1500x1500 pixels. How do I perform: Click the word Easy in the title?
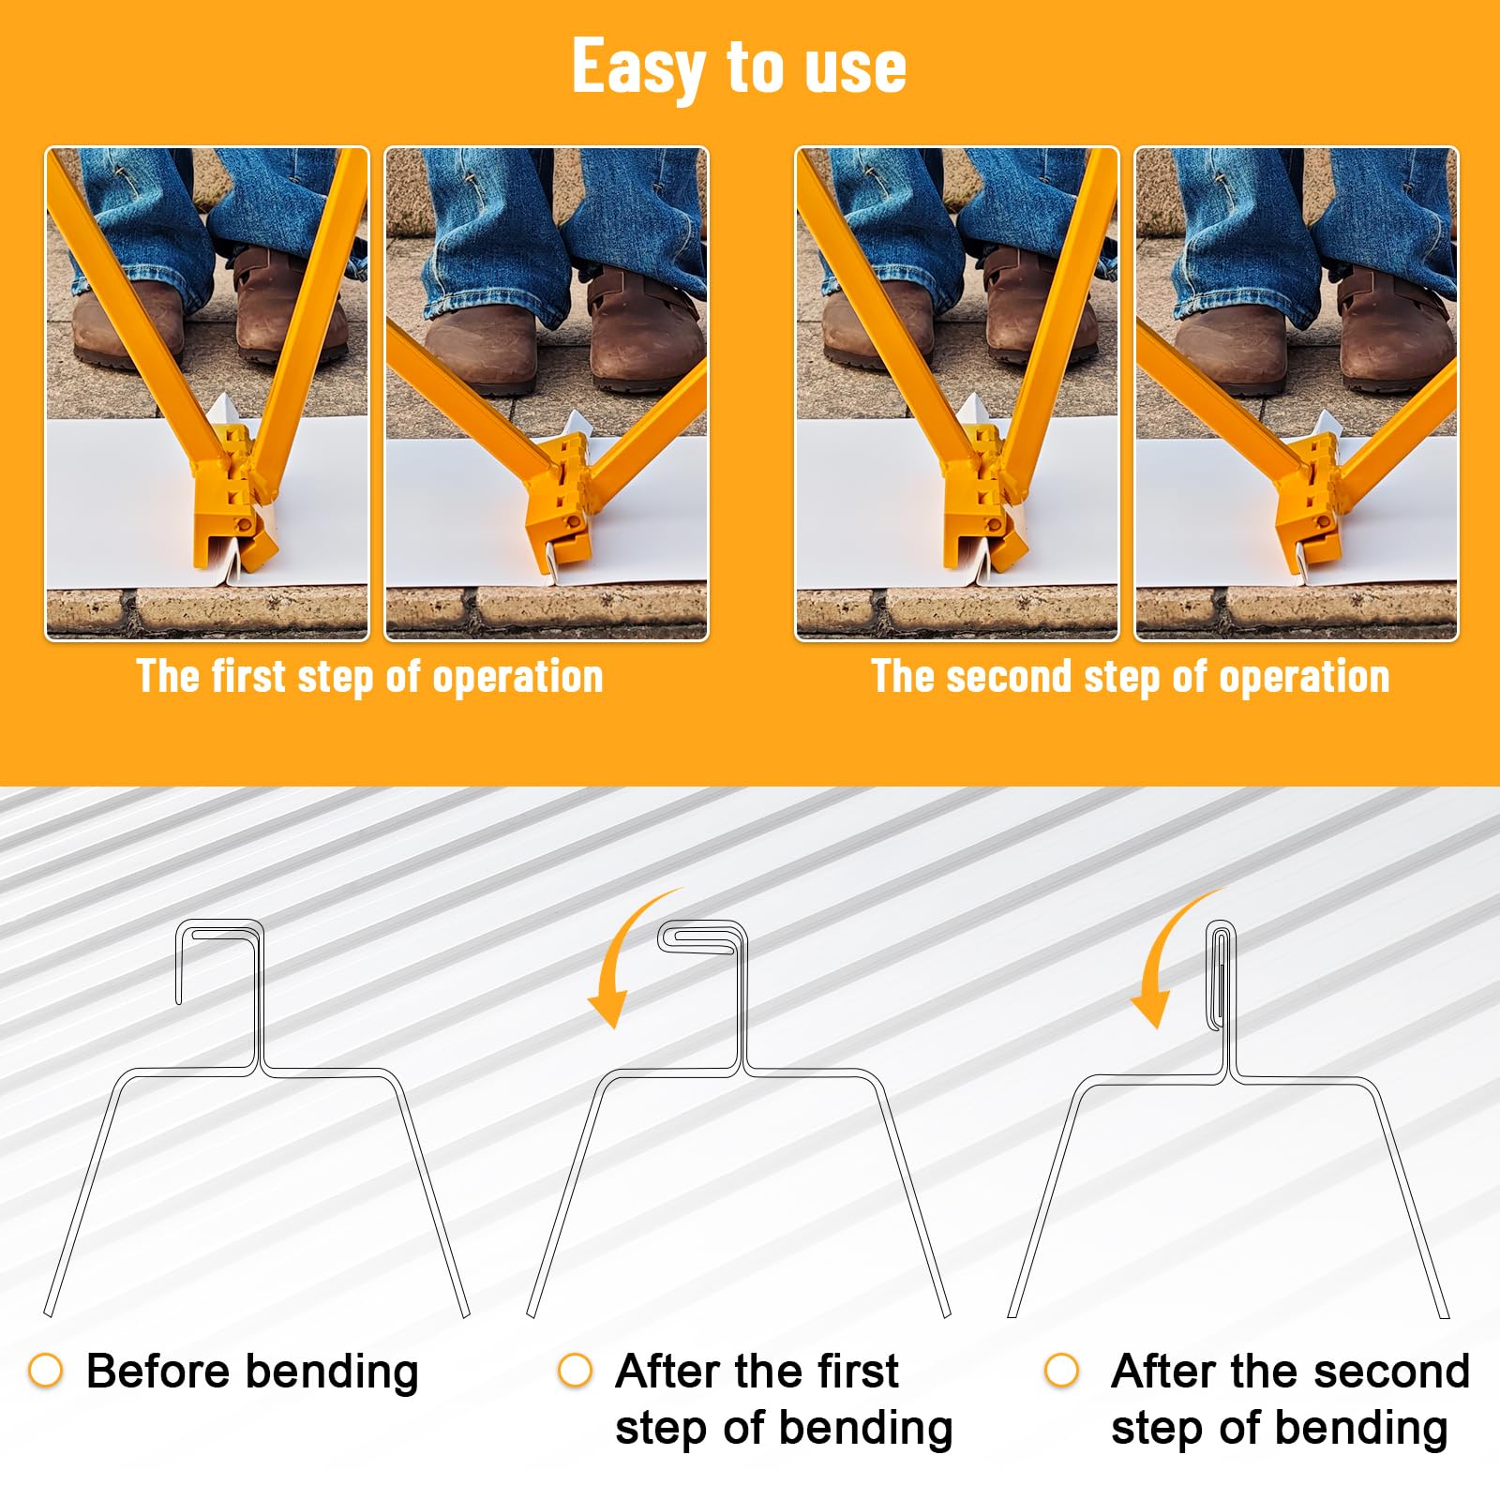[638, 67]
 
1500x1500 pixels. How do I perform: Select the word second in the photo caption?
[1008, 676]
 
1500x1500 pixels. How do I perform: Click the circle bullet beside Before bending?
[45, 1370]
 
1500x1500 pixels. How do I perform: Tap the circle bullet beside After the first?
[575, 1370]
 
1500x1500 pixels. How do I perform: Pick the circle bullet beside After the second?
[1061, 1370]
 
